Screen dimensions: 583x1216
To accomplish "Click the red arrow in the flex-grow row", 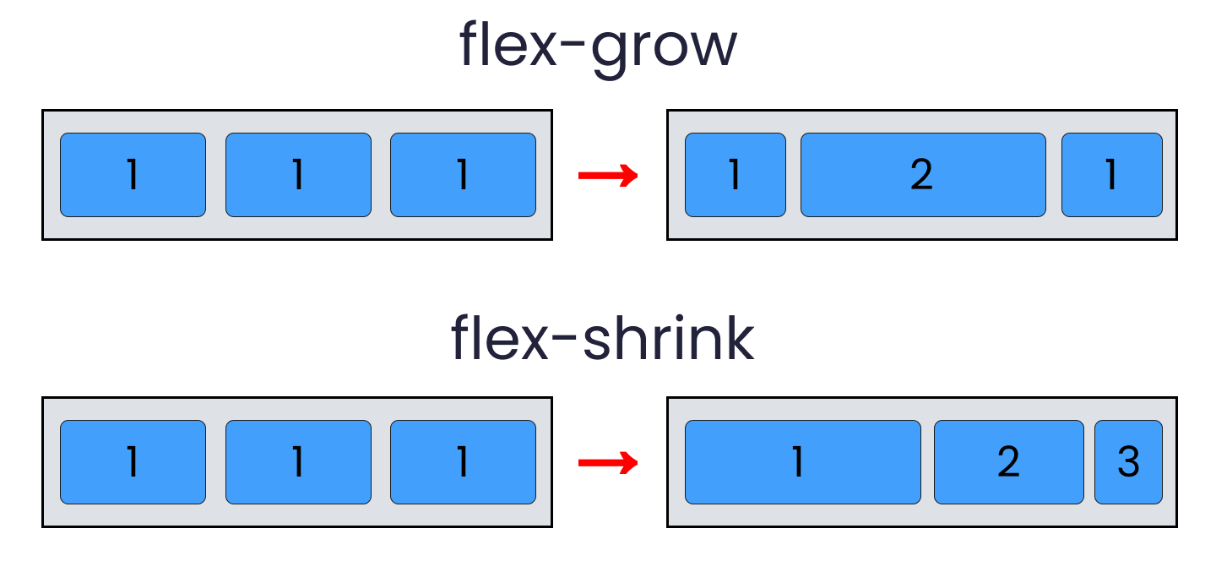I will click(607, 176).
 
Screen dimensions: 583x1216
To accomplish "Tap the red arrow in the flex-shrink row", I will click(607, 463).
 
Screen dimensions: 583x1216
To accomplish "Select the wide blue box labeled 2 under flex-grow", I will click(922, 175).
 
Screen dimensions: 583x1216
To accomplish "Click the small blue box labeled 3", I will click(1128, 462).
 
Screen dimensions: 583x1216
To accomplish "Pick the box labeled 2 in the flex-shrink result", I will click(1008, 462).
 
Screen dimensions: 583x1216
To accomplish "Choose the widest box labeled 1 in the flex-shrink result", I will click(802, 462).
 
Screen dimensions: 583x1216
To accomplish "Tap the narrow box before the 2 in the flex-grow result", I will click(735, 175).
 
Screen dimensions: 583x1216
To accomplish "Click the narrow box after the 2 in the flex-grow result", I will click(1111, 175).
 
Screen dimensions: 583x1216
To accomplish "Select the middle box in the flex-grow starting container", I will click(298, 175).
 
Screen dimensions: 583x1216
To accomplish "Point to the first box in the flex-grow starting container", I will click(133, 175).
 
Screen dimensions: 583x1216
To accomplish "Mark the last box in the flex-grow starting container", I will click(463, 175).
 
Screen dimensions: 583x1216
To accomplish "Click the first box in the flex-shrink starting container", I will click(133, 462).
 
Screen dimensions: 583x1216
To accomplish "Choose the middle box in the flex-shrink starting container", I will click(298, 462).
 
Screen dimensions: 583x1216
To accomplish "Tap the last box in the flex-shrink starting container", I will click(463, 462).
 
